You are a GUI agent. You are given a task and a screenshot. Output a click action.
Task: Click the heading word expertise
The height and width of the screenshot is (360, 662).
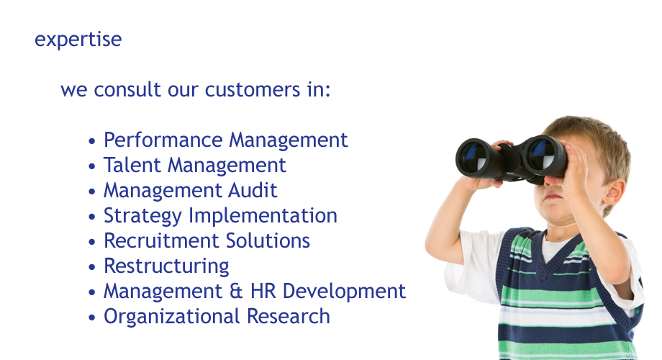[x=78, y=40]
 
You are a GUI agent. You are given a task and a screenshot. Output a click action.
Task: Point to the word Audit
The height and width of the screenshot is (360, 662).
[x=253, y=191]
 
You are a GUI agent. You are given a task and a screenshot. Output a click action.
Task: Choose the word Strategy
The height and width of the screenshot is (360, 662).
[x=142, y=217]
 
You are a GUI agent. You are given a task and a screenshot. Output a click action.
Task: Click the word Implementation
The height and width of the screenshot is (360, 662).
[x=263, y=217]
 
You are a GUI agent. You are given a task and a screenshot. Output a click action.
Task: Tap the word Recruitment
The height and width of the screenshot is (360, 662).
[x=161, y=241]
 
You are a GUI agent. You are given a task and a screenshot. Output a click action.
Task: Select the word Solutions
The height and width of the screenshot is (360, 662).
[x=268, y=241]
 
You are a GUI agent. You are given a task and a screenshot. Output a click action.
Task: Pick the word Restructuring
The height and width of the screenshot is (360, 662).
[x=166, y=267]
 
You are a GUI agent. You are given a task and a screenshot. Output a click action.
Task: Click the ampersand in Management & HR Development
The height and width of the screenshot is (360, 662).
[x=236, y=292]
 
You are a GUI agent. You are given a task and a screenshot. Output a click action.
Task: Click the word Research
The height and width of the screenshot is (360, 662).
[x=289, y=317]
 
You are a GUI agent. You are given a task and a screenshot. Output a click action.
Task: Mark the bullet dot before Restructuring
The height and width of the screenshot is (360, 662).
[x=92, y=267]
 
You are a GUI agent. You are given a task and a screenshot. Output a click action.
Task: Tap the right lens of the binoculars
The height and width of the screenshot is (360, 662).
[x=543, y=155]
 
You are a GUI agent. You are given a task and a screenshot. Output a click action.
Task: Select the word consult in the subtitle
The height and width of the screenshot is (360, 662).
[x=127, y=89]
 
